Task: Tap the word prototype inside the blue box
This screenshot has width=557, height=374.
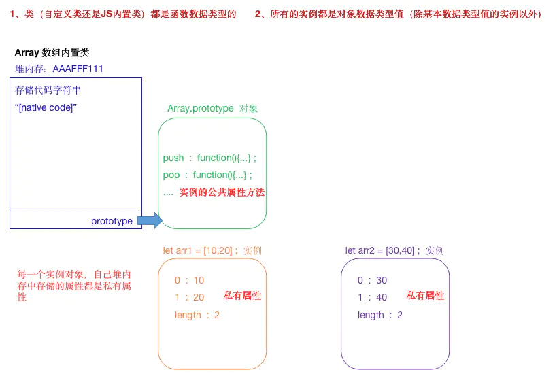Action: point(112,221)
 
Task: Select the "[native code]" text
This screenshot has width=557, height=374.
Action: point(46,107)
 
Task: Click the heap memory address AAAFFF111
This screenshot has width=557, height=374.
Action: point(78,69)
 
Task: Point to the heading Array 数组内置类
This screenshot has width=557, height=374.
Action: point(52,52)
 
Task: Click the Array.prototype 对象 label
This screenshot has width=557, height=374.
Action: point(212,109)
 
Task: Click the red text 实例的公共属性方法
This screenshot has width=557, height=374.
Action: point(222,192)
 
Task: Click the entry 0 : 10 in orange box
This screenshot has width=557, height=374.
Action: point(189,280)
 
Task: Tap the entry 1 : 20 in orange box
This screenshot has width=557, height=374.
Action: point(189,297)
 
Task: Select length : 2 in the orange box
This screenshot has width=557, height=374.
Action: point(197,315)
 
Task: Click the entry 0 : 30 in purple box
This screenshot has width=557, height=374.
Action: point(372,280)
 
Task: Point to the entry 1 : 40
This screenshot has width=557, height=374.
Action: point(372,297)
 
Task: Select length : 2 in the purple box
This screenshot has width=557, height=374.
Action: point(380,315)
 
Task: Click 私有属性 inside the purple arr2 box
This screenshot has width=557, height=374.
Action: point(425,296)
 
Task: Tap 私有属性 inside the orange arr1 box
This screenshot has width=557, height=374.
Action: point(242,296)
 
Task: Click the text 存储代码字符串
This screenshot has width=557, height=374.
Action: point(44,90)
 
